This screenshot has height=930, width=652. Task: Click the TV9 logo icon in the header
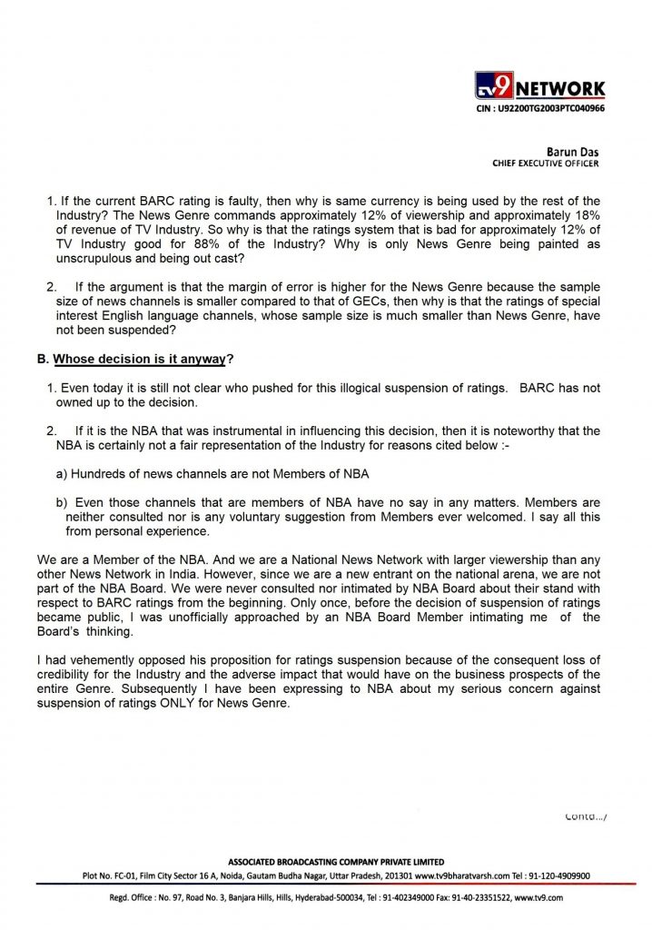pyautogui.click(x=495, y=88)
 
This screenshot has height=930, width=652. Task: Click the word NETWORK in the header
pyautogui.click(x=562, y=88)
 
